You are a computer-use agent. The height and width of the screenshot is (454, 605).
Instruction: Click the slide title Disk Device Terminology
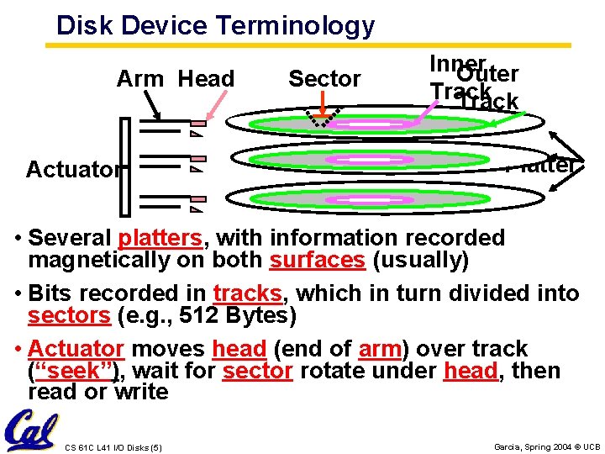click(x=215, y=25)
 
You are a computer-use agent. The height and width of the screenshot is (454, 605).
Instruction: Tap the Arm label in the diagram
click(x=140, y=79)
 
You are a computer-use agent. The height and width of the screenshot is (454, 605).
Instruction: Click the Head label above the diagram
click(x=207, y=79)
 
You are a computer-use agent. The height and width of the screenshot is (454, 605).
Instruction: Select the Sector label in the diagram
click(x=324, y=79)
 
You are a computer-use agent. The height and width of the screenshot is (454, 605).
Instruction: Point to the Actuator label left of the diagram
click(x=73, y=169)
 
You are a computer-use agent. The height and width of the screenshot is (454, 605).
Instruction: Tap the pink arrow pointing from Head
click(x=213, y=108)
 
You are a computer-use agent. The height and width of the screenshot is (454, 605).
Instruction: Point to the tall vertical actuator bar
click(x=126, y=167)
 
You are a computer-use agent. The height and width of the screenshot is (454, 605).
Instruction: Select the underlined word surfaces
click(x=318, y=261)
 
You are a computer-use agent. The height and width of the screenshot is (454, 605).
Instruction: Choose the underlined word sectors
click(x=69, y=316)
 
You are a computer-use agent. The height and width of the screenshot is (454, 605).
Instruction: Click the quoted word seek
click(x=75, y=371)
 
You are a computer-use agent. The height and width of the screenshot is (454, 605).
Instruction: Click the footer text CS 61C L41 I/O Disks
click(x=113, y=446)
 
